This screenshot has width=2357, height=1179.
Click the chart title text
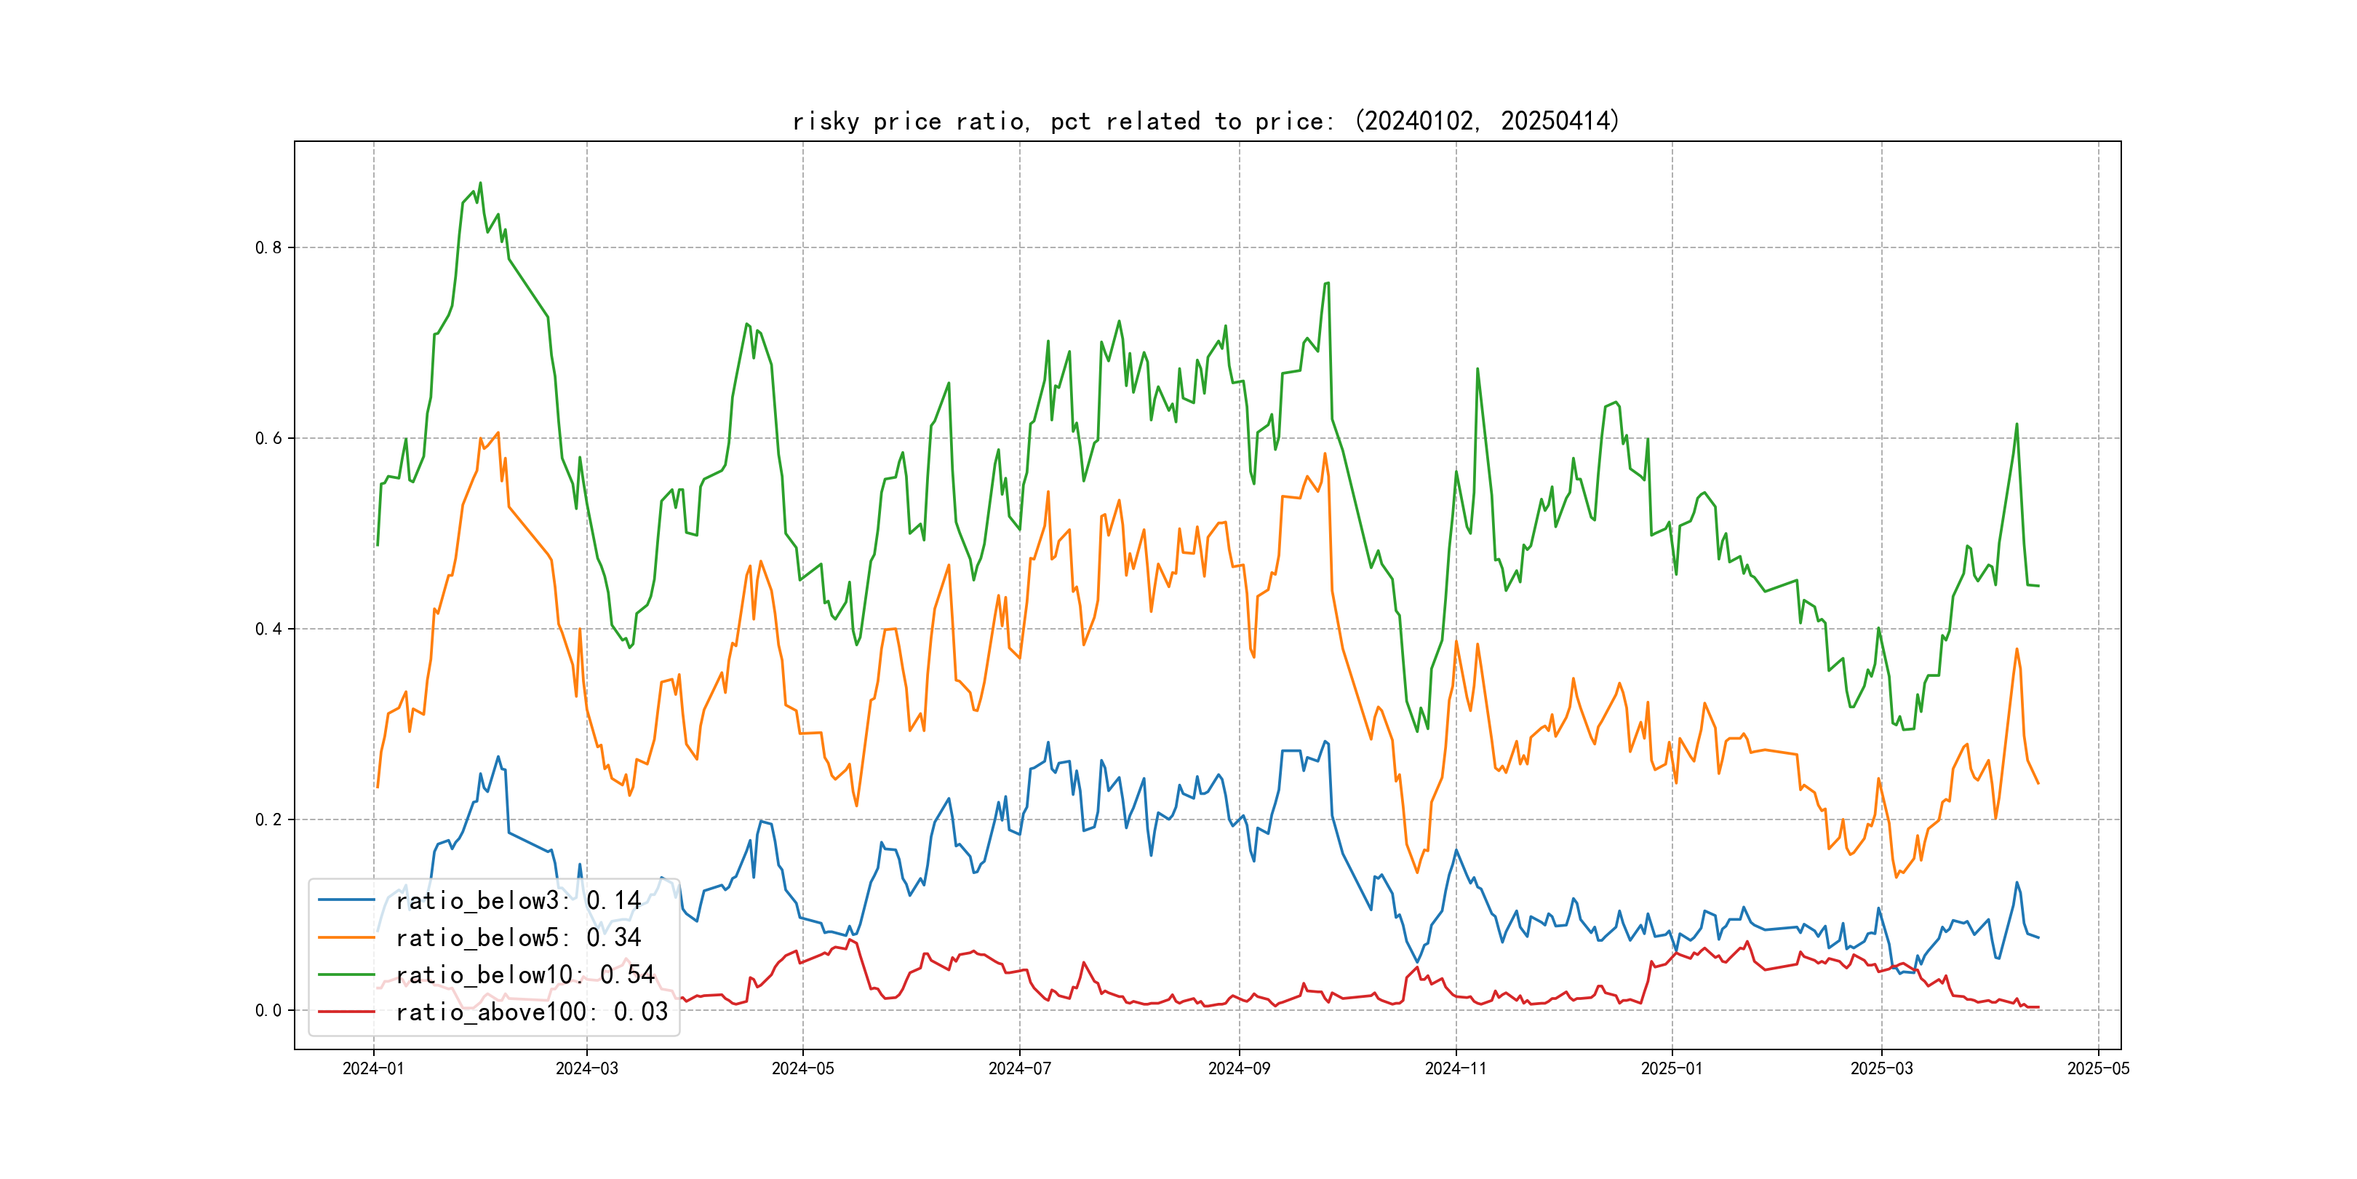(x=1206, y=121)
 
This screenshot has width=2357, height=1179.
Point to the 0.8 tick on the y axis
(x=268, y=247)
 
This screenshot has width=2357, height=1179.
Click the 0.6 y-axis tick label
(x=268, y=438)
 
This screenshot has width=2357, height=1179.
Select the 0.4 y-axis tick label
(x=268, y=629)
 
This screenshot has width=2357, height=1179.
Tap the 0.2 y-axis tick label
(x=268, y=819)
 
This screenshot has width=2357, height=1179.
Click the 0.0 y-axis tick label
(x=268, y=1011)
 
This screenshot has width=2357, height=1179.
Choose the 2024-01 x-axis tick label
(x=373, y=1068)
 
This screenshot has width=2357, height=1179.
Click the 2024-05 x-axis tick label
(x=802, y=1068)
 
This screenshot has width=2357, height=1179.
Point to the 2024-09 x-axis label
(x=1239, y=1068)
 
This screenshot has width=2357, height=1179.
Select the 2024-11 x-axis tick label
(x=1456, y=1068)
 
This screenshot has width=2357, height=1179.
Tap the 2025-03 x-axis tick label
(x=1881, y=1068)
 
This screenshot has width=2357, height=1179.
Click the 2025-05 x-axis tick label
(x=2098, y=1068)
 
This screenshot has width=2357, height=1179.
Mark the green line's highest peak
(x=480, y=183)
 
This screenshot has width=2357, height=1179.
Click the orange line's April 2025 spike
(x=2017, y=649)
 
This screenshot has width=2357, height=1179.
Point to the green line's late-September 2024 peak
(x=1328, y=284)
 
